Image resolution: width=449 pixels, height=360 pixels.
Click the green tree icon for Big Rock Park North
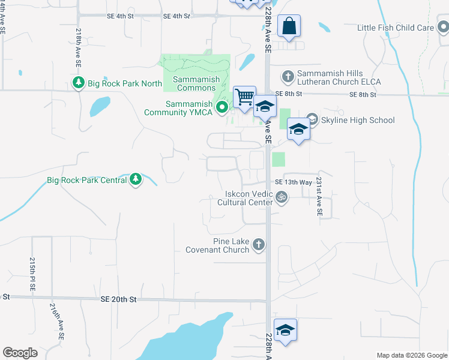pyautogui.click(x=77, y=83)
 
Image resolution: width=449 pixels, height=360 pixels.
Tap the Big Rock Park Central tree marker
pyautogui.click(x=136, y=179)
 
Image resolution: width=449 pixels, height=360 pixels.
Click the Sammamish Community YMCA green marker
pyautogui.click(x=222, y=108)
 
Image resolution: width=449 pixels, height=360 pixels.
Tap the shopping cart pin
pyautogui.click(x=244, y=97)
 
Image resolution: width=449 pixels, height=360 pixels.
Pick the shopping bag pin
pyautogui.click(x=289, y=27)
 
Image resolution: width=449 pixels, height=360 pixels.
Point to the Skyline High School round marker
pyautogui.click(x=312, y=119)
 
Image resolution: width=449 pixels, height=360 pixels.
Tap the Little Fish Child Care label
pyautogui.click(x=395, y=28)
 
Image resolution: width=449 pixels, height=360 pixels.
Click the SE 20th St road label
pyautogui.click(x=119, y=299)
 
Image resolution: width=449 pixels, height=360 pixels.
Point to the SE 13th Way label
pyautogui.click(x=293, y=182)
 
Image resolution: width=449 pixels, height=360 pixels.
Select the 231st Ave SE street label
pyautogui.click(x=319, y=196)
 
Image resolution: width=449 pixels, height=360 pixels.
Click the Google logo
pyautogui.click(x=20, y=353)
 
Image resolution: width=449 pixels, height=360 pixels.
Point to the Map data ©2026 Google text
pyautogui.click(x=411, y=355)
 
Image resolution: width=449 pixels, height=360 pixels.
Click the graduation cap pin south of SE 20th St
pyautogui.click(x=286, y=330)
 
